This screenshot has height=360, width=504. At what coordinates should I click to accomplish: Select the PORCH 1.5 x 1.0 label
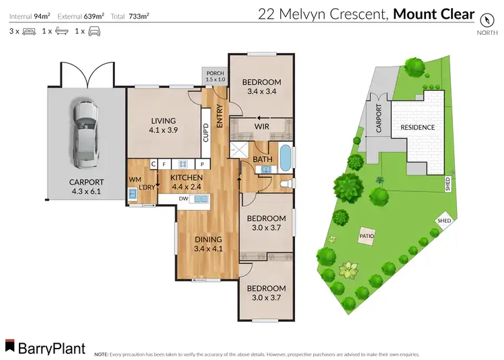(x=214, y=75)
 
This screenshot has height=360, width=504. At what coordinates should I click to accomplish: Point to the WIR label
(x=262, y=125)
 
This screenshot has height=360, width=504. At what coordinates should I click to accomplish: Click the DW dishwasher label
(x=183, y=199)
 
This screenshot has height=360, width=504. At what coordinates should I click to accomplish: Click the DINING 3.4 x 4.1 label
(x=207, y=243)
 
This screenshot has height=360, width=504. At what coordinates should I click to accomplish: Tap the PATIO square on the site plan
(x=367, y=236)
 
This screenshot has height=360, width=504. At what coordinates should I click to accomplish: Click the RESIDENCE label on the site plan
(x=417, y=127)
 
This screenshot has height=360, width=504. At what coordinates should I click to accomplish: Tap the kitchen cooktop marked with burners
(x=182, y=163)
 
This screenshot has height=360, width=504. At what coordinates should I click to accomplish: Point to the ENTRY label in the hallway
(x=219, y=118)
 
